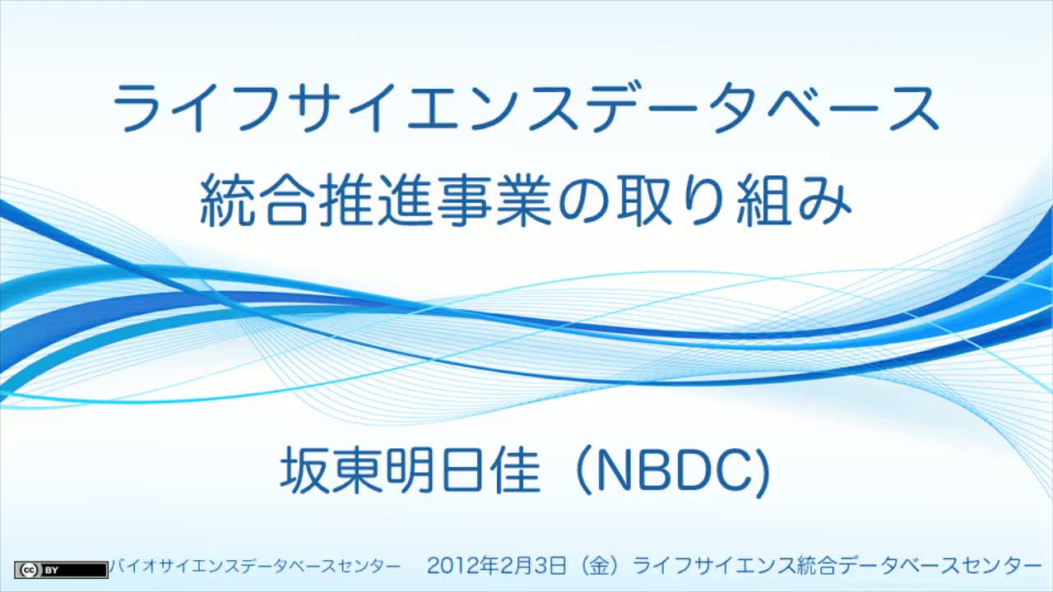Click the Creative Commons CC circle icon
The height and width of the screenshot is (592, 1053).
pyautogui.click(x=29, y=570)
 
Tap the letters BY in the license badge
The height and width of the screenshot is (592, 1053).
pyautogui.click(x=51, y=571)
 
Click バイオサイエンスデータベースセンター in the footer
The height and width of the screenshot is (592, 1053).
pyautogui.click(x=254, y=567)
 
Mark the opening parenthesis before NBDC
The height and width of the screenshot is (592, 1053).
pyautogui.click(x=583, y=471)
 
